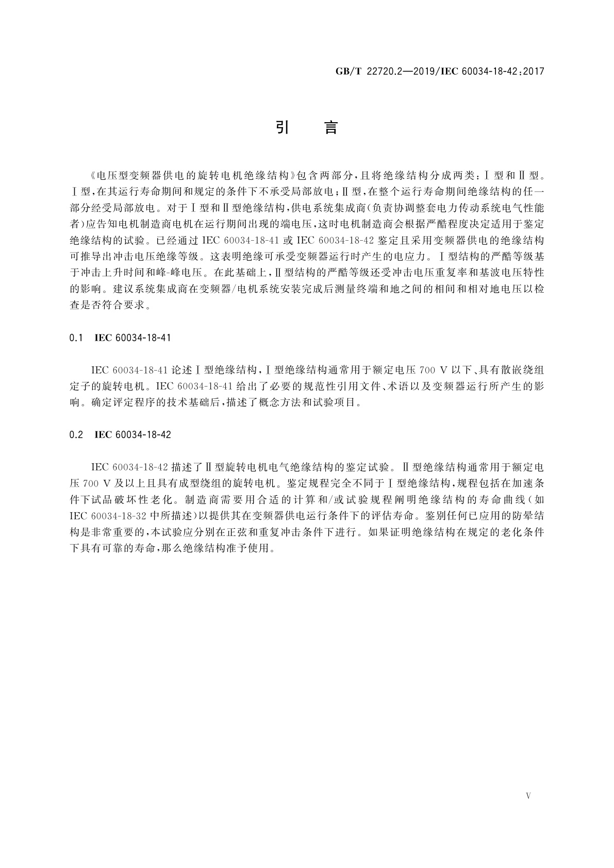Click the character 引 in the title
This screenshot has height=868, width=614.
[x=281, y=128]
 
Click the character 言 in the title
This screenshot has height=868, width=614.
[x=331, y=128]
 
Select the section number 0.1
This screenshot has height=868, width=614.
[x=76, y=338]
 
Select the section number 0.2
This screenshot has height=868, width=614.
[x=76, y=435]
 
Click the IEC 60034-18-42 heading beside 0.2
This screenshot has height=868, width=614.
[x=133, y=435]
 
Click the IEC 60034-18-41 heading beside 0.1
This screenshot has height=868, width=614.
[x=132, y=338]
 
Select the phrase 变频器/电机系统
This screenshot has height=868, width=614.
[x=264, y=289]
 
